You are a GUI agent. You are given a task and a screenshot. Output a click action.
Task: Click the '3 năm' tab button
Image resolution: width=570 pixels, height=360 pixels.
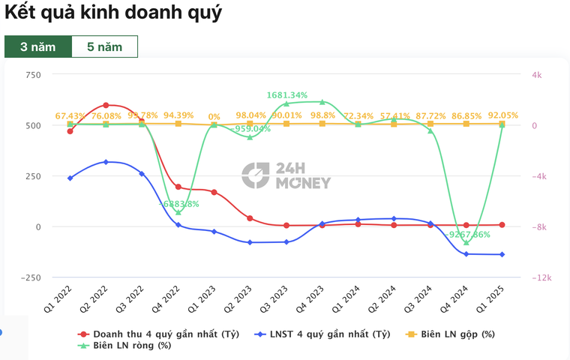[x=37, y=46]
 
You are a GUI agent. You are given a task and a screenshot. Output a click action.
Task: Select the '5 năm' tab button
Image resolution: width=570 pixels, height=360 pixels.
[x=104, y=46]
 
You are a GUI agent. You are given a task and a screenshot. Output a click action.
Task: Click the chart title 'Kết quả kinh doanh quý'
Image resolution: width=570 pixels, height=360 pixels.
[x=113, y=13]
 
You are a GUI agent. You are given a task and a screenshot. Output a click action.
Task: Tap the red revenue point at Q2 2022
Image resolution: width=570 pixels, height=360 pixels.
[x=106, y=105]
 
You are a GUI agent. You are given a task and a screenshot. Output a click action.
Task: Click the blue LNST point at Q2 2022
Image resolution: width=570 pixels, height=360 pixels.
[x=106, y=162]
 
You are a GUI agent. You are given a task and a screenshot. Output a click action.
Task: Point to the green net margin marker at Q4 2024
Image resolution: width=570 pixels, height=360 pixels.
[x=466, y=242]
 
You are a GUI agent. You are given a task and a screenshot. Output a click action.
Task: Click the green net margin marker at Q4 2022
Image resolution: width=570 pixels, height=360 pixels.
[x=178, y=212]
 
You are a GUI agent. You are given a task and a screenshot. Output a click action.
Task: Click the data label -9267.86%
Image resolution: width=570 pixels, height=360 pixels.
[x=466, y=234]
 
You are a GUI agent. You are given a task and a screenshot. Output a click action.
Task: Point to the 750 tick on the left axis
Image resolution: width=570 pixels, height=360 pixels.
[x=32, y=75]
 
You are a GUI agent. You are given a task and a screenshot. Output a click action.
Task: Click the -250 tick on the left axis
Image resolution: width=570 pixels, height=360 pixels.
[x=30, y=277]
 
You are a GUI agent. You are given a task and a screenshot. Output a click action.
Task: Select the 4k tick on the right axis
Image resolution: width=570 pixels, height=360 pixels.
[x=536, y=75]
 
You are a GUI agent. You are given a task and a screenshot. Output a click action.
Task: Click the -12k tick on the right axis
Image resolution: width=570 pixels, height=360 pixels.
[x=541, y=277]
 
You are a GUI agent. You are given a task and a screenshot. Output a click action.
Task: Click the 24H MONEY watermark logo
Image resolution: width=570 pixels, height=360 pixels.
[x=286, y=175]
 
